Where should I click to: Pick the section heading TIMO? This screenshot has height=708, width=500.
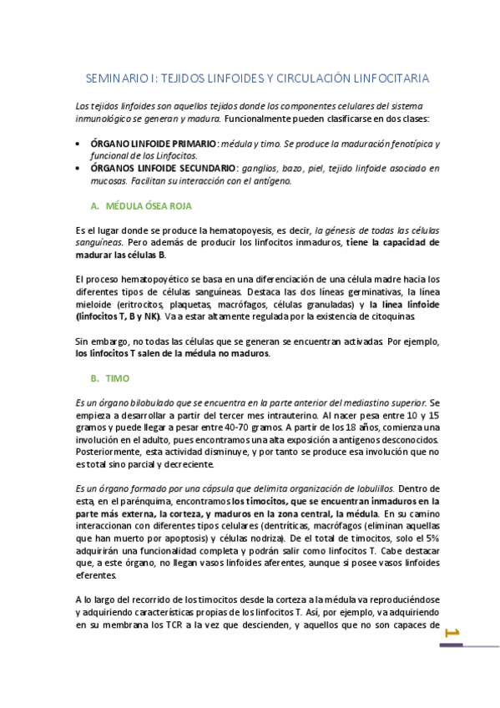click(118, 378)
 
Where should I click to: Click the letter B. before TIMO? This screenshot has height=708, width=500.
click(94, 378)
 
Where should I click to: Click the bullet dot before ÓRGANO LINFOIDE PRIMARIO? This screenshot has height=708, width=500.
click(78, 144)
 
